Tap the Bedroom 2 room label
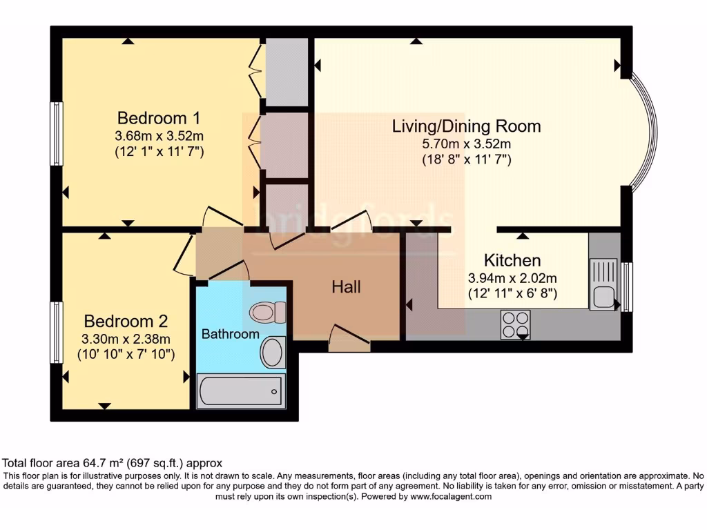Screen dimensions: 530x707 tap(126, 322)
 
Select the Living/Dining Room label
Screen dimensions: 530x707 tap(466, 126)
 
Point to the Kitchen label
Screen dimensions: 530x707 tap(512, 261)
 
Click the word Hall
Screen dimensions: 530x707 tap(346, 287)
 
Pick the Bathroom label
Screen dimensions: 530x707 tap(231, 335)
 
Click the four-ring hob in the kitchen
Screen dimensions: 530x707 tap(515, 323)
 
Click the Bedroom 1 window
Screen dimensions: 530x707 tap(57, 134)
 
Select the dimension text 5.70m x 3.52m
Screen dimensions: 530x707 tap(466, 144)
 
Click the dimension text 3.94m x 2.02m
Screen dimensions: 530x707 tap(512, 279)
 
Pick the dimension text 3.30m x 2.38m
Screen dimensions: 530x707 tap(126, 339)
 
